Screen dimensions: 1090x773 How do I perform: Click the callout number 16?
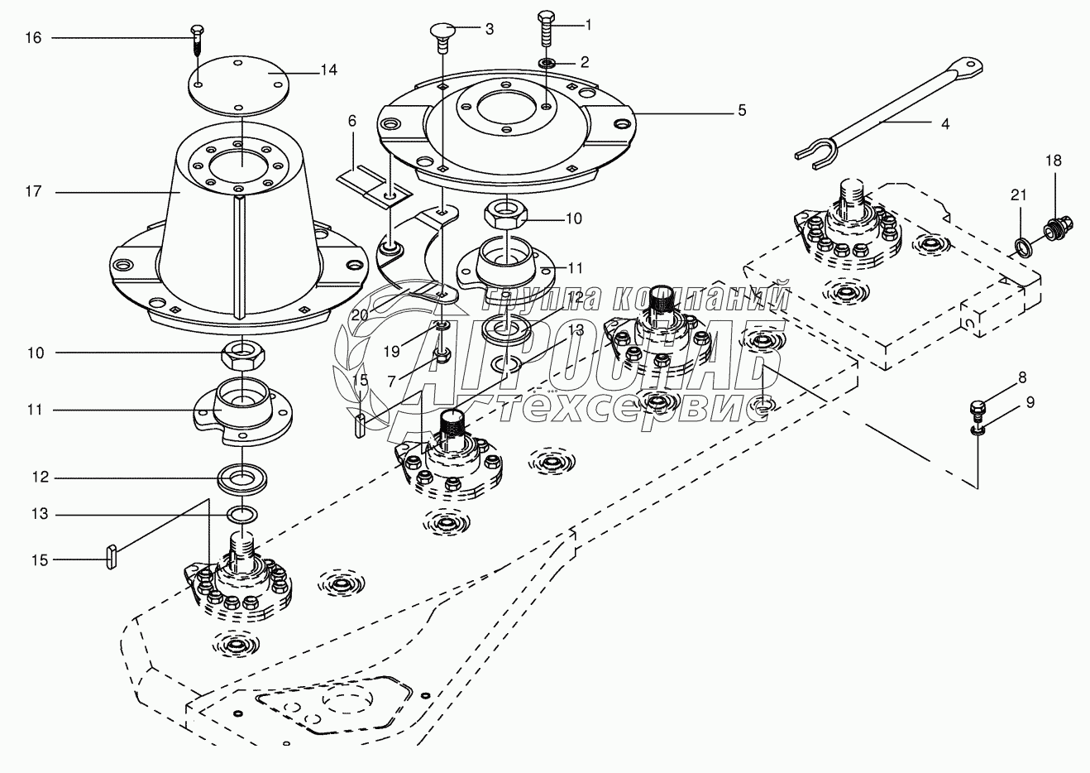click(x=34, y=37)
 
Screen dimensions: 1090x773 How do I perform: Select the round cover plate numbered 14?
click(x=238, y=86)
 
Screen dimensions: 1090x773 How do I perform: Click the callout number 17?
click(x=34, y=192)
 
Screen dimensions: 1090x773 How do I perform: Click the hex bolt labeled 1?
click(x=546, y=29)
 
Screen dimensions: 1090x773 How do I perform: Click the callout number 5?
click(x=742, y=111)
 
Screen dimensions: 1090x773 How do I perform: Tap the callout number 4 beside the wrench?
click(x=945, y=124)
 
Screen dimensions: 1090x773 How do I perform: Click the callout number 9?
click(x=1030, y=402)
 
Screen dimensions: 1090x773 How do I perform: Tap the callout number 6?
click(x=351, y=121)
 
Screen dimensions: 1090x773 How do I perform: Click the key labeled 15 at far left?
click(x=111, y=558)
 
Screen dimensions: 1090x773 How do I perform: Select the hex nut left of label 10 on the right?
click(x=506, y=216)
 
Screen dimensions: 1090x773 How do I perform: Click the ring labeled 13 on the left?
click(x=242, y=514)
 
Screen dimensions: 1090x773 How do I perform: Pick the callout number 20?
click(x=360, y=315)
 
